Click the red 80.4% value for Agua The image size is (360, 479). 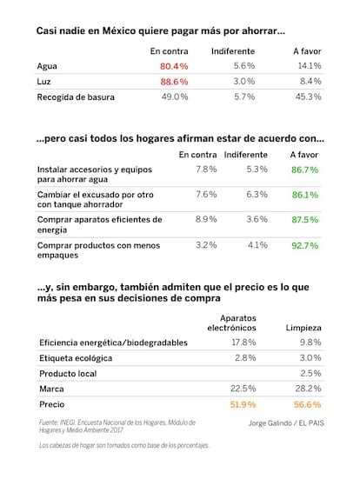[x=174, y=66]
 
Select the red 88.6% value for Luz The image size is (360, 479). [x=174, y=82]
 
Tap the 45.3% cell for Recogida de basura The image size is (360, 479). [x=308, y=96]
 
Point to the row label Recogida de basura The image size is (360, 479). [x=76, y=97]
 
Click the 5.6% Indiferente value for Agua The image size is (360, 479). [x=244, y=66]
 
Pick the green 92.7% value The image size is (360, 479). [x=304, y=245]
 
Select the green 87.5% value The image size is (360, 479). [x=304, y=220]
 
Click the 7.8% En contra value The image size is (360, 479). [x=206, y=169]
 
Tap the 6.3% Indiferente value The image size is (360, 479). [x=257, y=194]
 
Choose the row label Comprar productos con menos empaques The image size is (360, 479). [x=98, y=250]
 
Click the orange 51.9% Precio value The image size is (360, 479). [x=243, y=404]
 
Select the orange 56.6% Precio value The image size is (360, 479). [x=308, y=404]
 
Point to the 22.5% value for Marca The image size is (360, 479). [x=243, y=389]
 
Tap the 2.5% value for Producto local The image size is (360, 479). [x=310, y=373]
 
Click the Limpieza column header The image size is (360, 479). [x=303, y=328]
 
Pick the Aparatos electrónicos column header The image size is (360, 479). [x=231, y=323]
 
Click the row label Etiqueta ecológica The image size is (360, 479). [x=76, y=358]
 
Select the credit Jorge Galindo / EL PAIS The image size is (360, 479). [x=286, y=423]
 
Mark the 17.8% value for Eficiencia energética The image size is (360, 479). [x=243, y=343]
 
